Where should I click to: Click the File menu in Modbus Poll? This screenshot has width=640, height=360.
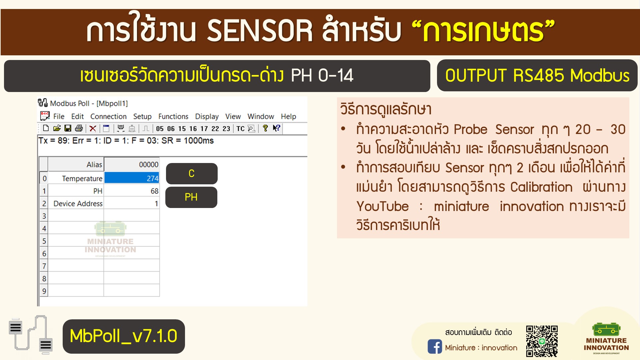59,116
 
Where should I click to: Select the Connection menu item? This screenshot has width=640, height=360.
108,116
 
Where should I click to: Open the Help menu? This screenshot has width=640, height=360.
288,116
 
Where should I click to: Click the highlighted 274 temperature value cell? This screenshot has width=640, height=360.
132,178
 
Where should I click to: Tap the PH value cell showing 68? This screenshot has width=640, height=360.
132,191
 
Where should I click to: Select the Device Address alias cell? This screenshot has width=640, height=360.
76,203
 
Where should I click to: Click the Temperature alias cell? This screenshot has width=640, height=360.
76,178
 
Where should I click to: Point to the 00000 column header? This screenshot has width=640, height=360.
132,164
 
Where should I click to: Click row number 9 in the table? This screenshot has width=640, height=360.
44,291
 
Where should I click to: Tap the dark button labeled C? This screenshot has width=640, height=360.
192,173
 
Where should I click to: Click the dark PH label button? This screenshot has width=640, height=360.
191,197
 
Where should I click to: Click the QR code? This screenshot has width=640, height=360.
542,341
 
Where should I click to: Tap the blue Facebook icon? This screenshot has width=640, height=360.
435,347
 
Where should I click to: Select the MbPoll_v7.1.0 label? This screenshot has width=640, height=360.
124,336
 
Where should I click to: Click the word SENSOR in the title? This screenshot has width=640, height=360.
260,31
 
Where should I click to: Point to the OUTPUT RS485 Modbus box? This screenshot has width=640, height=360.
537,75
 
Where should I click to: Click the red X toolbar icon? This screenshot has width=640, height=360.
93,128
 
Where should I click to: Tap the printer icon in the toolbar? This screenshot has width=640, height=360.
79,128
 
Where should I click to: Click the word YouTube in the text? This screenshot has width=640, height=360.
382,206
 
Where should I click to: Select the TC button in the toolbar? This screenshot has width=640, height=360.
240,129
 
